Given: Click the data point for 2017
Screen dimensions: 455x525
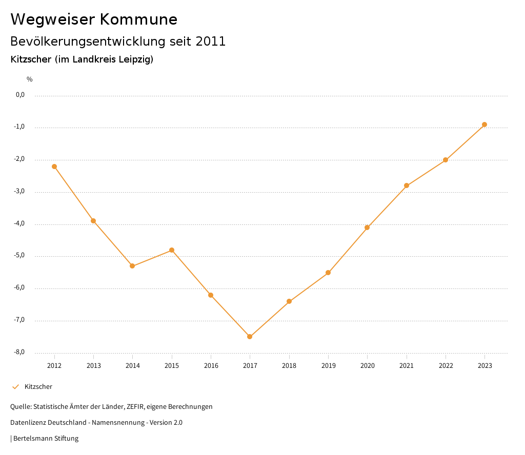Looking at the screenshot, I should (x=250, y=337).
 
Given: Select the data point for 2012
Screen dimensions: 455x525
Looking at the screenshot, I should (x=54, y=167).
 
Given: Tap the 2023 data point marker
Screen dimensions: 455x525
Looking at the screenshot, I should (x=484, y=125).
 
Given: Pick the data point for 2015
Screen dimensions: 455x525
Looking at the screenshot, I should (x=172, y=250).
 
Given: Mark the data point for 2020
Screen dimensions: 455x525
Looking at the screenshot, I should (x=367, y=228).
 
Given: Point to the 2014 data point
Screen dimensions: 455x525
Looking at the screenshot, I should (x=132, y=266).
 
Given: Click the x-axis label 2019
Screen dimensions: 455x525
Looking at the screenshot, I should (x=328, y=365).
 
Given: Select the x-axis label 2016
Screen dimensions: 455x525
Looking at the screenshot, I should (x=211, y=365).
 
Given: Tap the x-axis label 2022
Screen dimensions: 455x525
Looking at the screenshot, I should (x=446, y=365).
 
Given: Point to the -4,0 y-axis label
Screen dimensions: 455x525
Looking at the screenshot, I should (x=19, y=224).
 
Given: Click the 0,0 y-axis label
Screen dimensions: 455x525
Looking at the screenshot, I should (x=20, y=95).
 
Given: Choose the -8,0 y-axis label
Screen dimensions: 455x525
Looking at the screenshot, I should (x=19, y=353).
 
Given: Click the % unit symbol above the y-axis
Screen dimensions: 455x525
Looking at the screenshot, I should (x=29, y=79).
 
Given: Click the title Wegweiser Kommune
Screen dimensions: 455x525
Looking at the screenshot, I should (x=94, y=19).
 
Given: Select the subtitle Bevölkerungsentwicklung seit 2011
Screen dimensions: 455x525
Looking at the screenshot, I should (x=118, y=42).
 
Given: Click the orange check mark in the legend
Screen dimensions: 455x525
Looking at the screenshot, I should (x=15, y=387).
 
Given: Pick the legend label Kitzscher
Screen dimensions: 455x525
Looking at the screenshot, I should (x=38, y=387).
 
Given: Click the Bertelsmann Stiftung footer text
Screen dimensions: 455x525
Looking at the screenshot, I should (x=46, y=439).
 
